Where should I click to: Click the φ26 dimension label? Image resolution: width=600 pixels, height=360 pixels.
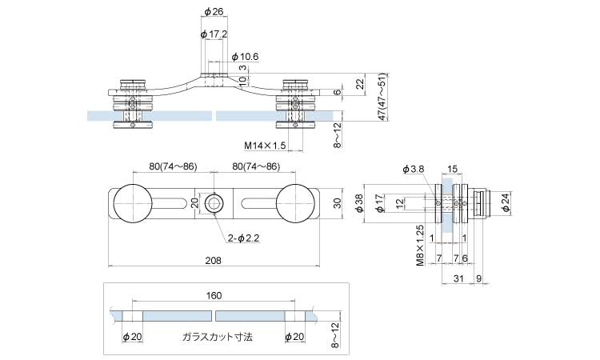[x=213, y=11]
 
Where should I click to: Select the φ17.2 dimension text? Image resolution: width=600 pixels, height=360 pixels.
[x=215, y=35]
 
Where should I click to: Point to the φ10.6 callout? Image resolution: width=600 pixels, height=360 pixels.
[x=244, y=57]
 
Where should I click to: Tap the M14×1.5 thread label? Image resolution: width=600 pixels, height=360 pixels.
[x=265, y=146]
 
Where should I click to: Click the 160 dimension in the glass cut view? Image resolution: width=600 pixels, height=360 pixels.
[x=214, y=295]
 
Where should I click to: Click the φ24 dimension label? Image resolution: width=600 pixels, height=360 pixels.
[x=506, y=204]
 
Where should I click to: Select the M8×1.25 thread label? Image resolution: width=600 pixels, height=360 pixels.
[x=419, y=243]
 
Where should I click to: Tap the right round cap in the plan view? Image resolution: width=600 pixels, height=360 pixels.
[x=296, y=203]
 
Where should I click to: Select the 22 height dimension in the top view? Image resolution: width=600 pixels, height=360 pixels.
[x=360, y=83]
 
